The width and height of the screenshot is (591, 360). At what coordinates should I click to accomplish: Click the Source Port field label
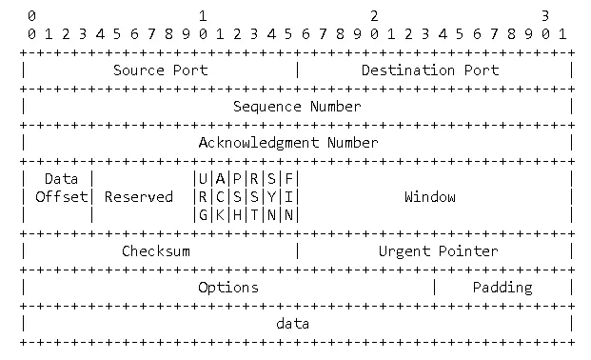[160, 70]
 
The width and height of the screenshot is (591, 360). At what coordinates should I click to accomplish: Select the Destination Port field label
[430, 70]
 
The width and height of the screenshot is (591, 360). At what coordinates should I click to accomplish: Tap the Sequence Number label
[297, 106]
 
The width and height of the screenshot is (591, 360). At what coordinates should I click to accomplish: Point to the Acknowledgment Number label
[288, 142]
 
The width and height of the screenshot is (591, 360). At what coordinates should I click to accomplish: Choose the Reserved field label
[139, 197]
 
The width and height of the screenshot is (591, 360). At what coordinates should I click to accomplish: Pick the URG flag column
[203, 196]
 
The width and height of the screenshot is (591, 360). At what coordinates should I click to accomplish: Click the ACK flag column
[220, 196]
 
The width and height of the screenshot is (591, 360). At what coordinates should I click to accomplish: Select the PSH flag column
[237, 196]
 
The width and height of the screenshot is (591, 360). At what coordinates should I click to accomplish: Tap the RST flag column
[254, 196]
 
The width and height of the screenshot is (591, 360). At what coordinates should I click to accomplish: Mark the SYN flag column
[271, 196]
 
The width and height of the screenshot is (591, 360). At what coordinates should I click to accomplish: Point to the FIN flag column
[288, 196]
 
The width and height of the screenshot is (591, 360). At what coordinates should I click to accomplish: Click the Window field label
[430, 197]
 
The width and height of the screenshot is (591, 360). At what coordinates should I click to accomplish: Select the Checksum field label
[156, 250]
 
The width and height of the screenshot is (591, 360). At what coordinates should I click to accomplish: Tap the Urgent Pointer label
[438, 250]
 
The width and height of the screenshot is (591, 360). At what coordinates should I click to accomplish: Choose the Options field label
[228, 287]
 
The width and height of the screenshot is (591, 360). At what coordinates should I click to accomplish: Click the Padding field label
[502, 287]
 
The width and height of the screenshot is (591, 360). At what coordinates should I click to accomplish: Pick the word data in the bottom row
[293, 323]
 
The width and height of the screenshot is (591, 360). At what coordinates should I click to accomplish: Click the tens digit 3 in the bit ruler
[545, 16]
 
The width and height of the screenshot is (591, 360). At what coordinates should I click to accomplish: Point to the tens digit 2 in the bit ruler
[374, 16]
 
